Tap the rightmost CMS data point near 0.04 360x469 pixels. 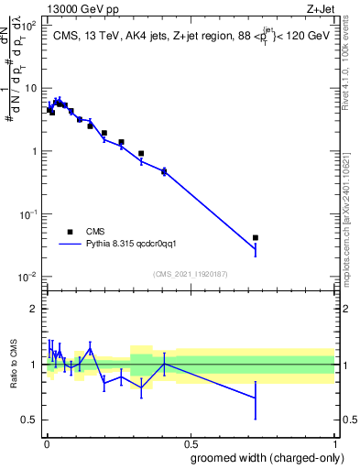(256, 237)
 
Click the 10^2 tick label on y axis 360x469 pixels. (27, 25)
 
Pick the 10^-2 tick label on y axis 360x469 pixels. (27, 277)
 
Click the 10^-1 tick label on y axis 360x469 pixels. (27, 213)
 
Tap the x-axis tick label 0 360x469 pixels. (46, 443)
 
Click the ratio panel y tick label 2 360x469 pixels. (33, 309)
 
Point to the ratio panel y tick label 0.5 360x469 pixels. (29, 420)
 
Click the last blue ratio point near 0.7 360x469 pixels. (256, 397)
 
